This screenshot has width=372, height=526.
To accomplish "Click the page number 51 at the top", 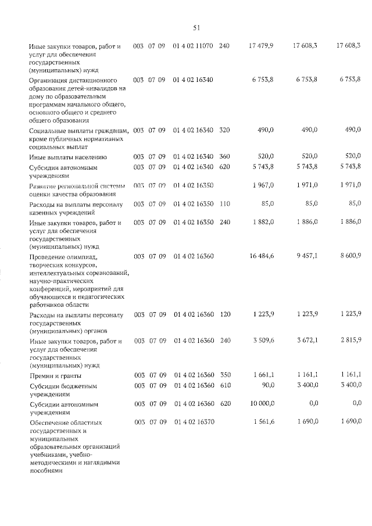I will [x=196, y=27].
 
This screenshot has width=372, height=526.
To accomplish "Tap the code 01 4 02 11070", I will [x=193, y=45].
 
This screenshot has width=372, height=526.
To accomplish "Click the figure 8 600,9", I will [x=349, y=256].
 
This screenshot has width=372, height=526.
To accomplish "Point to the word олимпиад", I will [x=85, y=256].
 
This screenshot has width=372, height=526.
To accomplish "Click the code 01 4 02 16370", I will [x=193, y=421].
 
